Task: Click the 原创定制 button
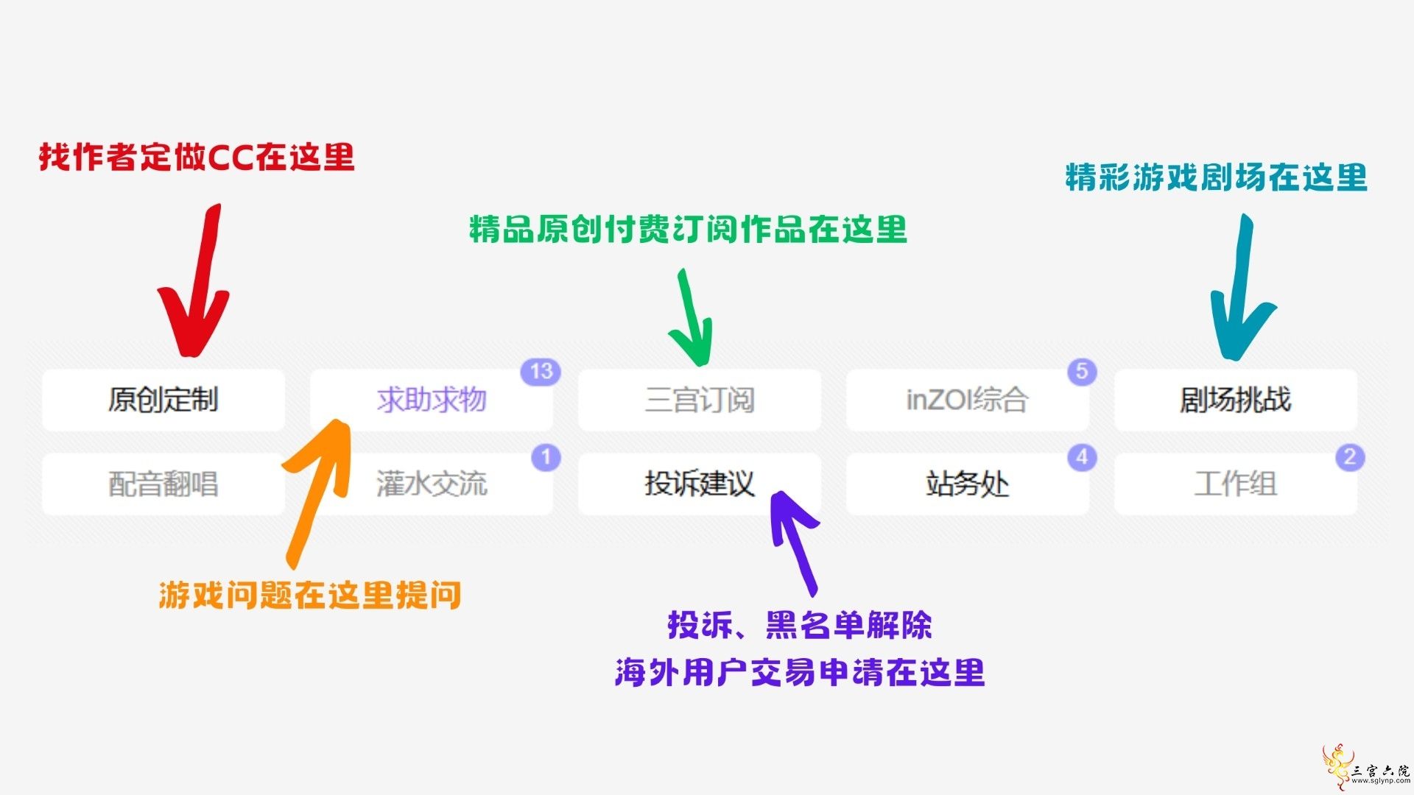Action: (x=163, y=400)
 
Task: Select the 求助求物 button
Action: (x=432, y=400)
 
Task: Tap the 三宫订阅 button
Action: (x=700, y=400)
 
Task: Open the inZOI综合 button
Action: (x=968, y=400)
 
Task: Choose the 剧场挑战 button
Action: (x=1236, y=400)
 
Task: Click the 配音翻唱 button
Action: (x=163, y=484)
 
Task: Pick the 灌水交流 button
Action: (x=432, y=484)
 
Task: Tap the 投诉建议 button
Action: (x=700, y=484)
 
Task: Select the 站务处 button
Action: (x=968, y=484)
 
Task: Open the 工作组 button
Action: (x=1236, y=484)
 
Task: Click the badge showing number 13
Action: (x=541, y=372)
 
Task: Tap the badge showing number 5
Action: (x=1082, y=372)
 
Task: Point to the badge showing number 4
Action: (x=1082, y=457)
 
